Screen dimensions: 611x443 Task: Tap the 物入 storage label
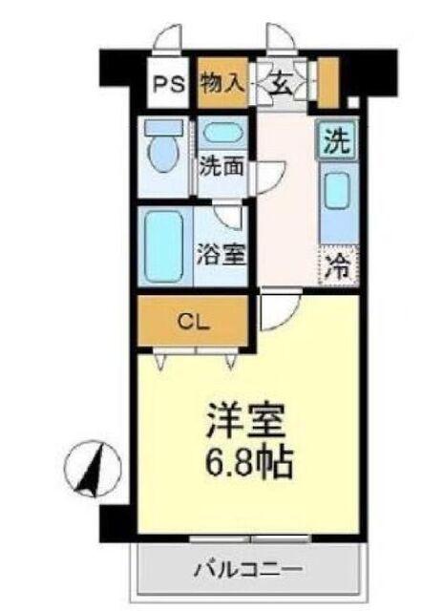pos(221,82)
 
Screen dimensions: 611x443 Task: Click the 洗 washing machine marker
pos(335,142)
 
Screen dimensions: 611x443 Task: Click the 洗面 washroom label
pos(222,165)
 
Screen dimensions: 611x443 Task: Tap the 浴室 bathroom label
pos(222,255)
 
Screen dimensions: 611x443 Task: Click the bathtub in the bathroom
pos(164,246)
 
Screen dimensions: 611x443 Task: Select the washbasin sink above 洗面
pos(222,134)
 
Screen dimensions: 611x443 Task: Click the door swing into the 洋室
pos(280,310)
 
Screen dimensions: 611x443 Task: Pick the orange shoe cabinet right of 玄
pos(329,82)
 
